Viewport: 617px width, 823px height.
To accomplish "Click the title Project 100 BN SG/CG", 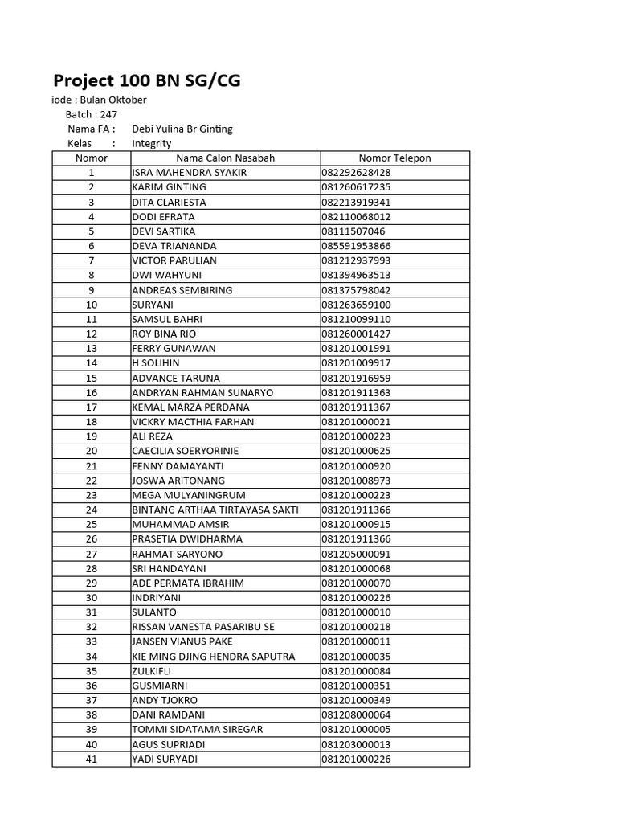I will click(x=146, y=80).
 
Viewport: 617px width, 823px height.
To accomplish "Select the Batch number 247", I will click(x=108, y=114).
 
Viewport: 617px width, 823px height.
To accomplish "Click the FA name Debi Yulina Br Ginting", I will click(x=182, y=129).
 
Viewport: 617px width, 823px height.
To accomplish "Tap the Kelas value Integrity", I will click(x=152, y=143).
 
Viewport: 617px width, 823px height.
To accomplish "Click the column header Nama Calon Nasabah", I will click(x=225, y=158).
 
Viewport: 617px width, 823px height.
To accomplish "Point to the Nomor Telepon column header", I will click(x=394, y=158).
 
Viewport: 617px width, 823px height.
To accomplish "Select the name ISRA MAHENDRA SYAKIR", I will click(x=190, y=173).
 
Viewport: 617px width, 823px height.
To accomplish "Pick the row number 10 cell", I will click(x=92, y=305).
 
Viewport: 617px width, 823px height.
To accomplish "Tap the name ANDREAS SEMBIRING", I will click(x=182, y=290).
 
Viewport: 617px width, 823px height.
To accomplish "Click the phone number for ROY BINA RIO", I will click(x=356, y=334).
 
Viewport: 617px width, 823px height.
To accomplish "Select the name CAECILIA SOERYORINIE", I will click(x=186, y=451).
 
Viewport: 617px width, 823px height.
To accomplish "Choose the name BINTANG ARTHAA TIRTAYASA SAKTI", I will click(x=215, y=510).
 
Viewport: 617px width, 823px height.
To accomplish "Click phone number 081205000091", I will click(x=356, y=554).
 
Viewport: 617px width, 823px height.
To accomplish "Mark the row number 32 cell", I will click(x=92, y=627).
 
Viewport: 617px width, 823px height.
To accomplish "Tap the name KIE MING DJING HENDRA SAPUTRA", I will click(x=213, y=656).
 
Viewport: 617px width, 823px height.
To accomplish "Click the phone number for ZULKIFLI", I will click(x=356, y=671).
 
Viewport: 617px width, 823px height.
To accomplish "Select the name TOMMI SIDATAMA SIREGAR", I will click(x=197, y=729).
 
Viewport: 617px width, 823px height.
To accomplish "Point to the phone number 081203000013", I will click(x=356, y=744).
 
